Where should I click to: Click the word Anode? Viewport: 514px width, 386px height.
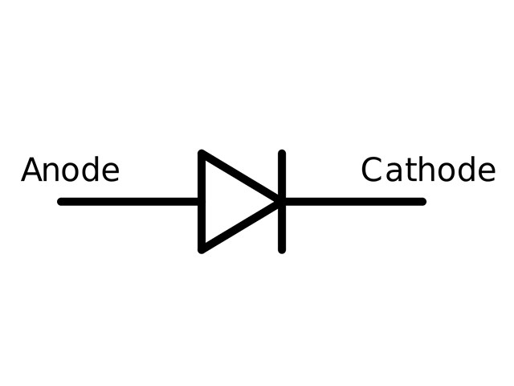tap(70, 170)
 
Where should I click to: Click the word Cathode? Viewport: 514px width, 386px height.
tap(428, 170)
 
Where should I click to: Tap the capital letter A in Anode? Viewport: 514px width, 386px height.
tap(32, 170)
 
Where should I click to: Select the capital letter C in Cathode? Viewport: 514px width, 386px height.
tap(372, 170)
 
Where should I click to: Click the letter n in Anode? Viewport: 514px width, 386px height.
tap(53, 172)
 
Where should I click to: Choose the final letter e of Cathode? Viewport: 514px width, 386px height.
tap(487, 172)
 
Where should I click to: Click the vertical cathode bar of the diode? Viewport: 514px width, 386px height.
tap(282, 202)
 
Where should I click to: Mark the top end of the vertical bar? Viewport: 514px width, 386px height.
tap(282, 151)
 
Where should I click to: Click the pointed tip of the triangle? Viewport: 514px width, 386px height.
tap(279, 202)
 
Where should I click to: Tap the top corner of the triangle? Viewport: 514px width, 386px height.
tap(202, 153)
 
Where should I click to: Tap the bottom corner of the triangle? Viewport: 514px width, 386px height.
tap(202, 250)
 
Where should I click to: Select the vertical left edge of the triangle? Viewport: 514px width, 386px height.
tap(202, 202)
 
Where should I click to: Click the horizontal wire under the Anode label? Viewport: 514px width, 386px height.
tap(128, 202)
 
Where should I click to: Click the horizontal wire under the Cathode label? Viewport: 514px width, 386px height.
tap(356, 202)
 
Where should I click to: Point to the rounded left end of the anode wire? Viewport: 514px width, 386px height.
tap(59, 202)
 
